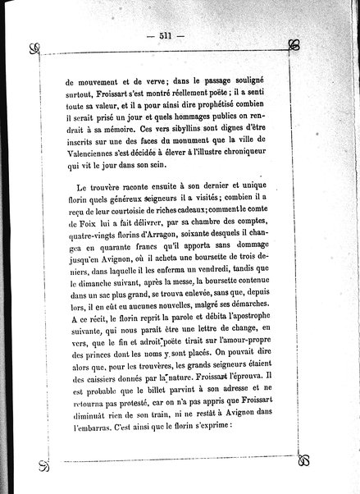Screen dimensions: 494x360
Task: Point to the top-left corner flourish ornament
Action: (34, 48)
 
